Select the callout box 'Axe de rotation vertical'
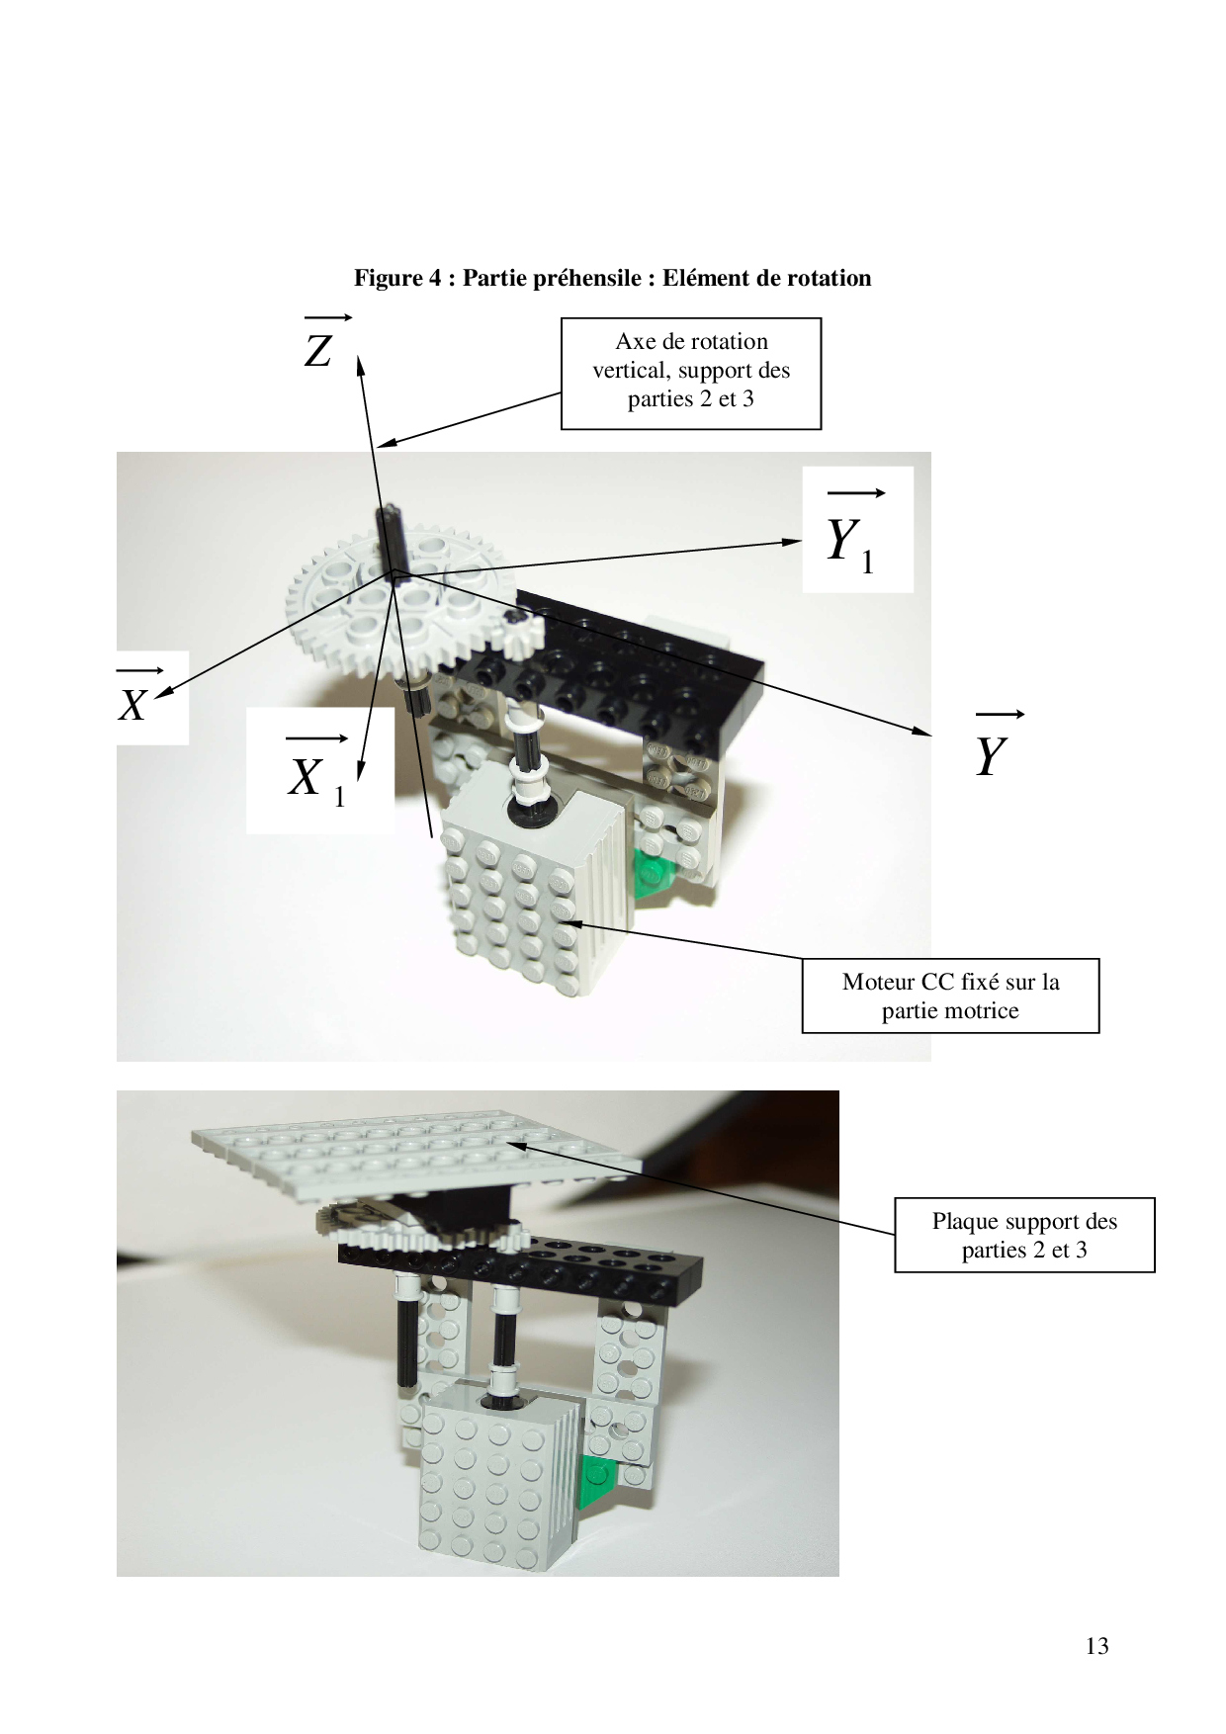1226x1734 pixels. tap(691, 373)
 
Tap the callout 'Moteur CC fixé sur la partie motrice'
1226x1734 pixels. tap(950, 996)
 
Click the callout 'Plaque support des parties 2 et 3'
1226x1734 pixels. tap(1024, 1235)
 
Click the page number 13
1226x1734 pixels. tap(1096, 1646)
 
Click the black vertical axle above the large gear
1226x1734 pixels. tap(389, 539)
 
